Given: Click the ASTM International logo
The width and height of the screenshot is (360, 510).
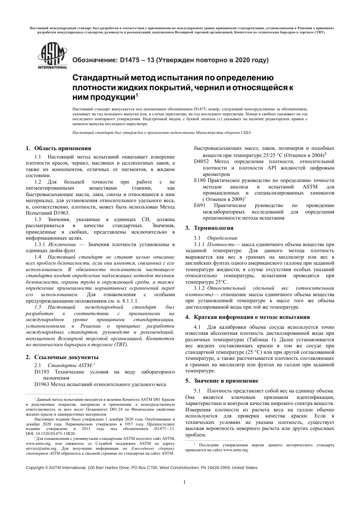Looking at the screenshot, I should click(52, 56).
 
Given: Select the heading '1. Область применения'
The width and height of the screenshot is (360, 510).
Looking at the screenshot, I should click(58, 148).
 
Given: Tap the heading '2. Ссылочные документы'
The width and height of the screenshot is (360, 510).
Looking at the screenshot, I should click(62, 357).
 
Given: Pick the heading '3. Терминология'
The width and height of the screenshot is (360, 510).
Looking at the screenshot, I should click(209, 228).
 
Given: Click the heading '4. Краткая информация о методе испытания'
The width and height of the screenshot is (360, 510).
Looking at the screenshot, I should click(247, 317).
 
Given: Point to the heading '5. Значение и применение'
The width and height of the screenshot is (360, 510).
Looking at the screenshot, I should click(222, 381).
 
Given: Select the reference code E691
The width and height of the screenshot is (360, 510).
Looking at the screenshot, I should click(199, 206).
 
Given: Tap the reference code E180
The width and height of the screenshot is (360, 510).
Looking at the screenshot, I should click(199, 180).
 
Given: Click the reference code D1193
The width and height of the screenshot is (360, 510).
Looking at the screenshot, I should click(42, 372).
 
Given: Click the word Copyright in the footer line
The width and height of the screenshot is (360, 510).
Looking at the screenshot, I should click(35, 468).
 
